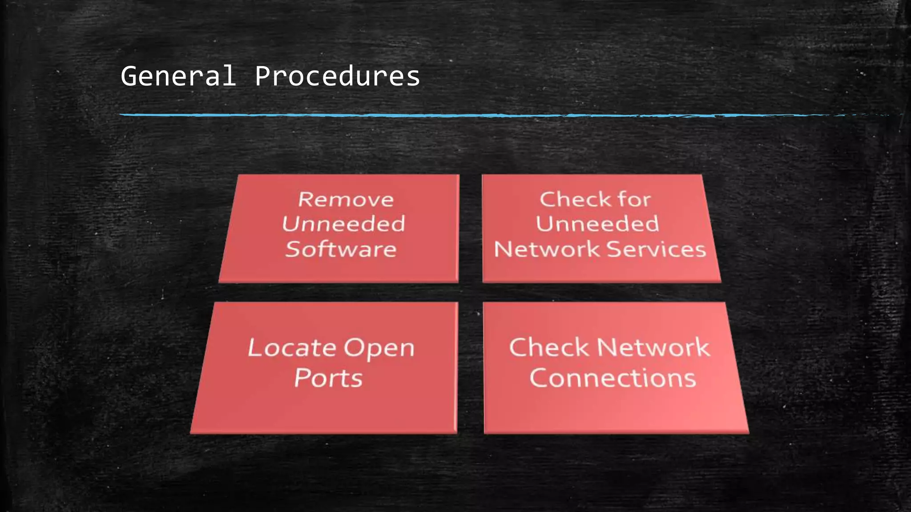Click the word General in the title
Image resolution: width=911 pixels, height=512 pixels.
[178, 76]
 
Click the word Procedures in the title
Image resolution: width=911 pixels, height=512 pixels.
[337, 76]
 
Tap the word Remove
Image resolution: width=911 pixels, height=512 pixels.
[346, 200]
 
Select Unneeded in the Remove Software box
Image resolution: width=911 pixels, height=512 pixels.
[343, 224]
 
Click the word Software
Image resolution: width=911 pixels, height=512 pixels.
[341, 249]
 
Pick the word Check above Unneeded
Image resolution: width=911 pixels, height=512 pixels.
[570, 199]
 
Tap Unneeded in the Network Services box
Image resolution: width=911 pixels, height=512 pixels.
[597, 224]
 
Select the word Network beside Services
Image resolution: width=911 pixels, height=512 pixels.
[547, 249]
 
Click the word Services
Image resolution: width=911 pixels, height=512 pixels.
[657, 249]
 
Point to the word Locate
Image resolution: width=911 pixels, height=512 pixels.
[292, 348]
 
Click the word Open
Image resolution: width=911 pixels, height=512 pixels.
[379, 348]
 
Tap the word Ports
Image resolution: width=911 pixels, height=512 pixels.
[328, 378]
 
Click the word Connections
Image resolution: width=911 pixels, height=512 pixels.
[613, 378]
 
